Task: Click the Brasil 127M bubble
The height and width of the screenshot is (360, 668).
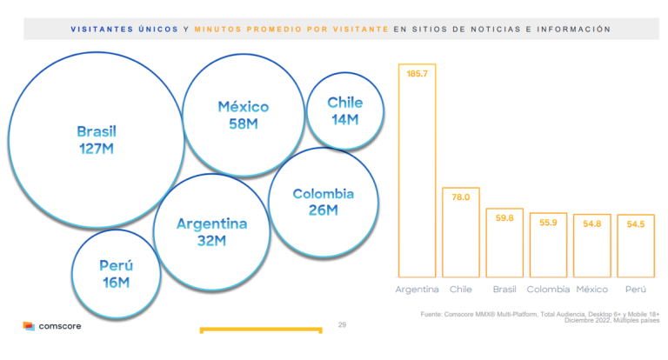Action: pos(96,140)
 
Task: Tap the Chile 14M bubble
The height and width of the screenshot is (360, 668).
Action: pos(345,110)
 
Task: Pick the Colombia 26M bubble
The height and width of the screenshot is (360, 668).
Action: pos(323,202)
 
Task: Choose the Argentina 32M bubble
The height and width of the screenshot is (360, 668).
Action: pos(211,231)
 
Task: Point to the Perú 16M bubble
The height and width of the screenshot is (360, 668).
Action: pos(116,274)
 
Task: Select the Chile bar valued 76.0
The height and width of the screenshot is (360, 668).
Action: pos(461,231)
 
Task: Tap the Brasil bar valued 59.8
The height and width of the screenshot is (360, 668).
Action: pos(504,243)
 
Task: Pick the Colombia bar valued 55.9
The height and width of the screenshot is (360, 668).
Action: pos(548,244)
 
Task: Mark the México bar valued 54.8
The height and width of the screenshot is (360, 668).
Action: pos(592,245)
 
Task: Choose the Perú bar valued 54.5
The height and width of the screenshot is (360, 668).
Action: pos(636,245)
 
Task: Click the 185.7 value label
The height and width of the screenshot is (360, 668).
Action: pos(417,74)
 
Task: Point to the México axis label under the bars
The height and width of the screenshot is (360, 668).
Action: pos(592,289)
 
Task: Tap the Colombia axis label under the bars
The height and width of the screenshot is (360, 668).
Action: pos(548,289)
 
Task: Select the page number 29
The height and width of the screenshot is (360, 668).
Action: pos(342,325)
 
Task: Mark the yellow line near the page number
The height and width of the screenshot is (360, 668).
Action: pos(260,330)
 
